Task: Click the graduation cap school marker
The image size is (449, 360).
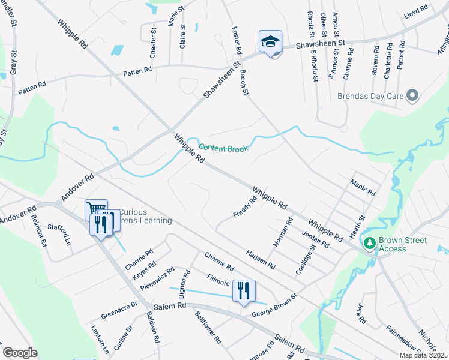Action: [x=270, y=43]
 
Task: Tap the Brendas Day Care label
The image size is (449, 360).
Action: [x=365, y=95]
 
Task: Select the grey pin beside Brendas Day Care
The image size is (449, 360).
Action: [x=412, y=95]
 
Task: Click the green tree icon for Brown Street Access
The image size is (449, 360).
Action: [x=369, y=244]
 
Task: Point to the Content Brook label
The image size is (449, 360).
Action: [x=223, y=148]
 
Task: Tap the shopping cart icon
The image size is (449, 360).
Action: [x=95, y=209]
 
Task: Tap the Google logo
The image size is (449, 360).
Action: [x=20, y=353]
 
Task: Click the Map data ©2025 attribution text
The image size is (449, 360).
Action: [x=423, y=355]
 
